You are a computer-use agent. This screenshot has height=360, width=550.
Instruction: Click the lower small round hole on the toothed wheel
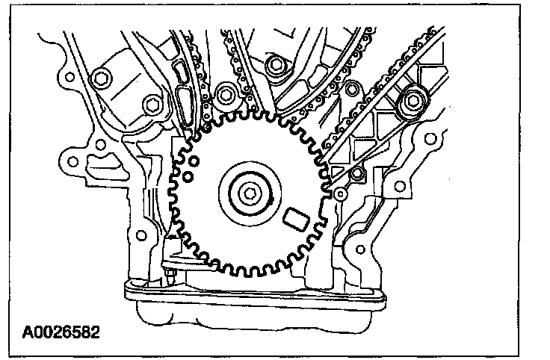tap(189, 176)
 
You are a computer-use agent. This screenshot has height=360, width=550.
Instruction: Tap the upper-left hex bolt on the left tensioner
tap(100, 79)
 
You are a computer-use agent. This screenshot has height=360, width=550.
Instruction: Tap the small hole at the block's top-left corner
tap(68, 76)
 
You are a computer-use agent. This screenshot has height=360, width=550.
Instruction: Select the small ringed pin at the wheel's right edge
tap(340, 193)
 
